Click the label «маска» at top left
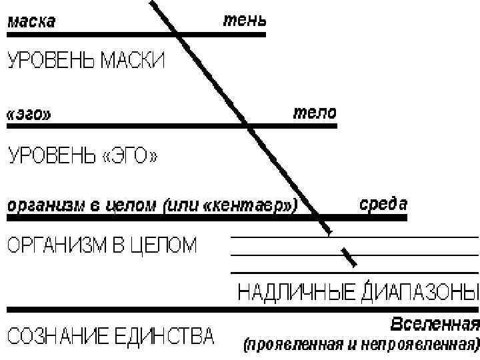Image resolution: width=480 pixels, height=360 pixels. point(31,22)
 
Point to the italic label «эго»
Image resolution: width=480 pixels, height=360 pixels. point(27,114)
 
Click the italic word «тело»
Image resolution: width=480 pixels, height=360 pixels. point(315,111)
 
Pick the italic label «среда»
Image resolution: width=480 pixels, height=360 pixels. point(383,202)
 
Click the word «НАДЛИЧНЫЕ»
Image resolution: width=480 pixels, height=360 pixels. point(297,293)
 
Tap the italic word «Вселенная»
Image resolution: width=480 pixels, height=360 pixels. point(434,326)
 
